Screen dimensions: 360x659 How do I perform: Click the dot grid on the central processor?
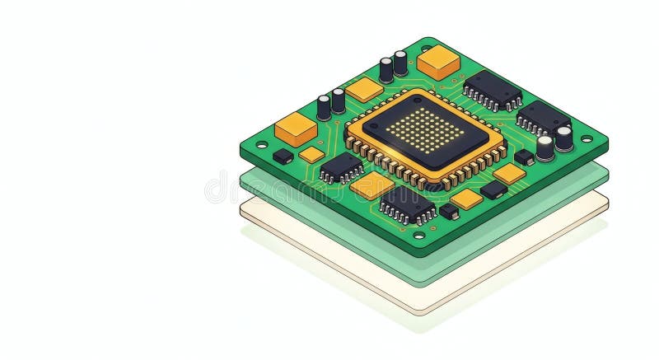tap(425, 130)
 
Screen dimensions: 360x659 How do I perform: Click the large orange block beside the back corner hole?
tap(438, 61)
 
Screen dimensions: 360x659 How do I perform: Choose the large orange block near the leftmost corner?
tap(296, 129)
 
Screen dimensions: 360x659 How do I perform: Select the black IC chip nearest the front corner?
tap(408, 203)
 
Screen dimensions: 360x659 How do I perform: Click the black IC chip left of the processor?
tap(341, 167)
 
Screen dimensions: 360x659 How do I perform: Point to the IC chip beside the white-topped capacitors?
tap(542, 117)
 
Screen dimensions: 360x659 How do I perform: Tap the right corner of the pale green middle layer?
tap(607, 175)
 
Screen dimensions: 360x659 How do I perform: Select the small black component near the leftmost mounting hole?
tap(283, 156)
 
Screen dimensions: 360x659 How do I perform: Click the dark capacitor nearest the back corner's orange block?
tap(400, 63)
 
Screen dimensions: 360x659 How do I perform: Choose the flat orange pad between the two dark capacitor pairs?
tap(364, 89)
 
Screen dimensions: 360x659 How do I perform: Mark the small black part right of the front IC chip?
tap(449, 211)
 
